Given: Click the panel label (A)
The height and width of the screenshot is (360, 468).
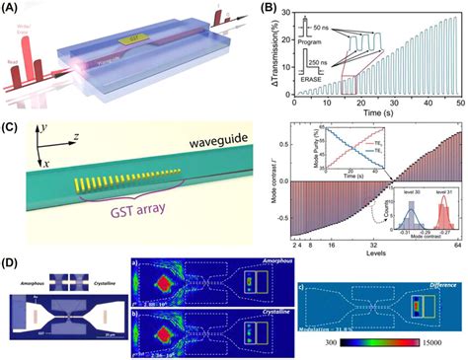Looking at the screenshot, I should pyautogui.click(x=12, y=9).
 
